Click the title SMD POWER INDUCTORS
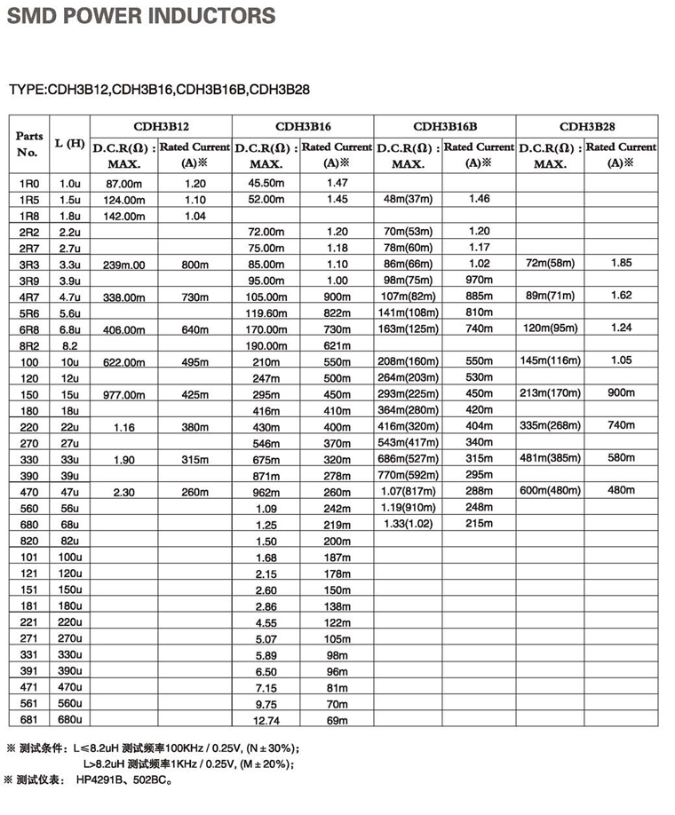tap(140, 16)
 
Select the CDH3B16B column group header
tap(445, 126)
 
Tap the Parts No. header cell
tap(29, 144)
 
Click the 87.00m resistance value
tap(124, 182)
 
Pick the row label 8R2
tap(29, 344)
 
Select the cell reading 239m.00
tap(124, 265)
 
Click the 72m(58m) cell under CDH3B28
tap(551, 264)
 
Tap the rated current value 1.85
tap(621, 263)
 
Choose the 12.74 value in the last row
tap(266, 720)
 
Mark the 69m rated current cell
tap(337, 719)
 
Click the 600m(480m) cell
tap(551, 490)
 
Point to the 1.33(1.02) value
tap(408, 524)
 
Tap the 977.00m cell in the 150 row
tap(124, 394)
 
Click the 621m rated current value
tap(337, 344)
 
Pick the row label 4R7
tap(29, 296)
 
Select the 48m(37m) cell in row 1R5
tap(408, 199)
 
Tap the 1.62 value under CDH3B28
tap(621, 295)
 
